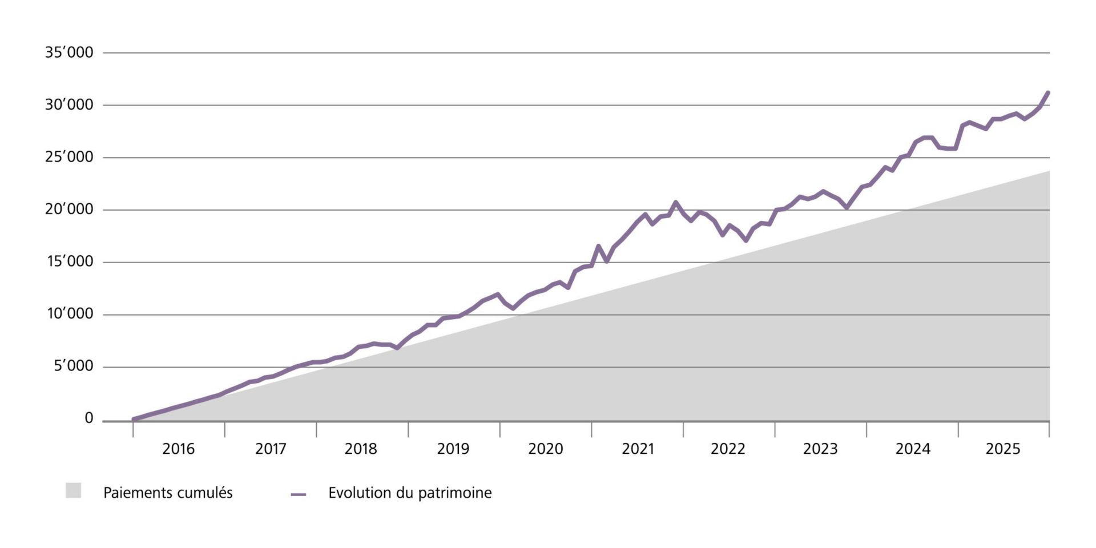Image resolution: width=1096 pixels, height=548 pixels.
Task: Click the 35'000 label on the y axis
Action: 69,53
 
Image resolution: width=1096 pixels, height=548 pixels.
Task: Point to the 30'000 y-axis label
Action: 69,105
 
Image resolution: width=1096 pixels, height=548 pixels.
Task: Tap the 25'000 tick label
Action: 69,157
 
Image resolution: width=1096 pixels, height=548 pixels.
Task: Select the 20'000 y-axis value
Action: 69,209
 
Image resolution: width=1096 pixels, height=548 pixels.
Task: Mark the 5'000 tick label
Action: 73,366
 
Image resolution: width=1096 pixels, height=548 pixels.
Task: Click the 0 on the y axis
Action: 88,418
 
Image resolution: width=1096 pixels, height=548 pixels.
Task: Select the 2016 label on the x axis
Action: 178,449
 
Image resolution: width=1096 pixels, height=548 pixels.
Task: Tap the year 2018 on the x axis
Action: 361,449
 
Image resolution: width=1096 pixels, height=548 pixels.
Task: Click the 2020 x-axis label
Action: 545,449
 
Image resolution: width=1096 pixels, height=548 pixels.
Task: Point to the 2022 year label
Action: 728,449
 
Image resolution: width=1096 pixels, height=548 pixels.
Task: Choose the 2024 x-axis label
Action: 912,449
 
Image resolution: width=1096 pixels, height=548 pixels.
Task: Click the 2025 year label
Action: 1003,449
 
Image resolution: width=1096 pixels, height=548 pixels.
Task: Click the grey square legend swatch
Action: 73,491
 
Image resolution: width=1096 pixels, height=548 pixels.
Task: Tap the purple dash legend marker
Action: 299,494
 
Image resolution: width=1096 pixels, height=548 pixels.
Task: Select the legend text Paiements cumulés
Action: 168,493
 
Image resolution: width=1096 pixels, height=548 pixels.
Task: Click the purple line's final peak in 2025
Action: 1047,92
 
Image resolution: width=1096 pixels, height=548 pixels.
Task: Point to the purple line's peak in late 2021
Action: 675,202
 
